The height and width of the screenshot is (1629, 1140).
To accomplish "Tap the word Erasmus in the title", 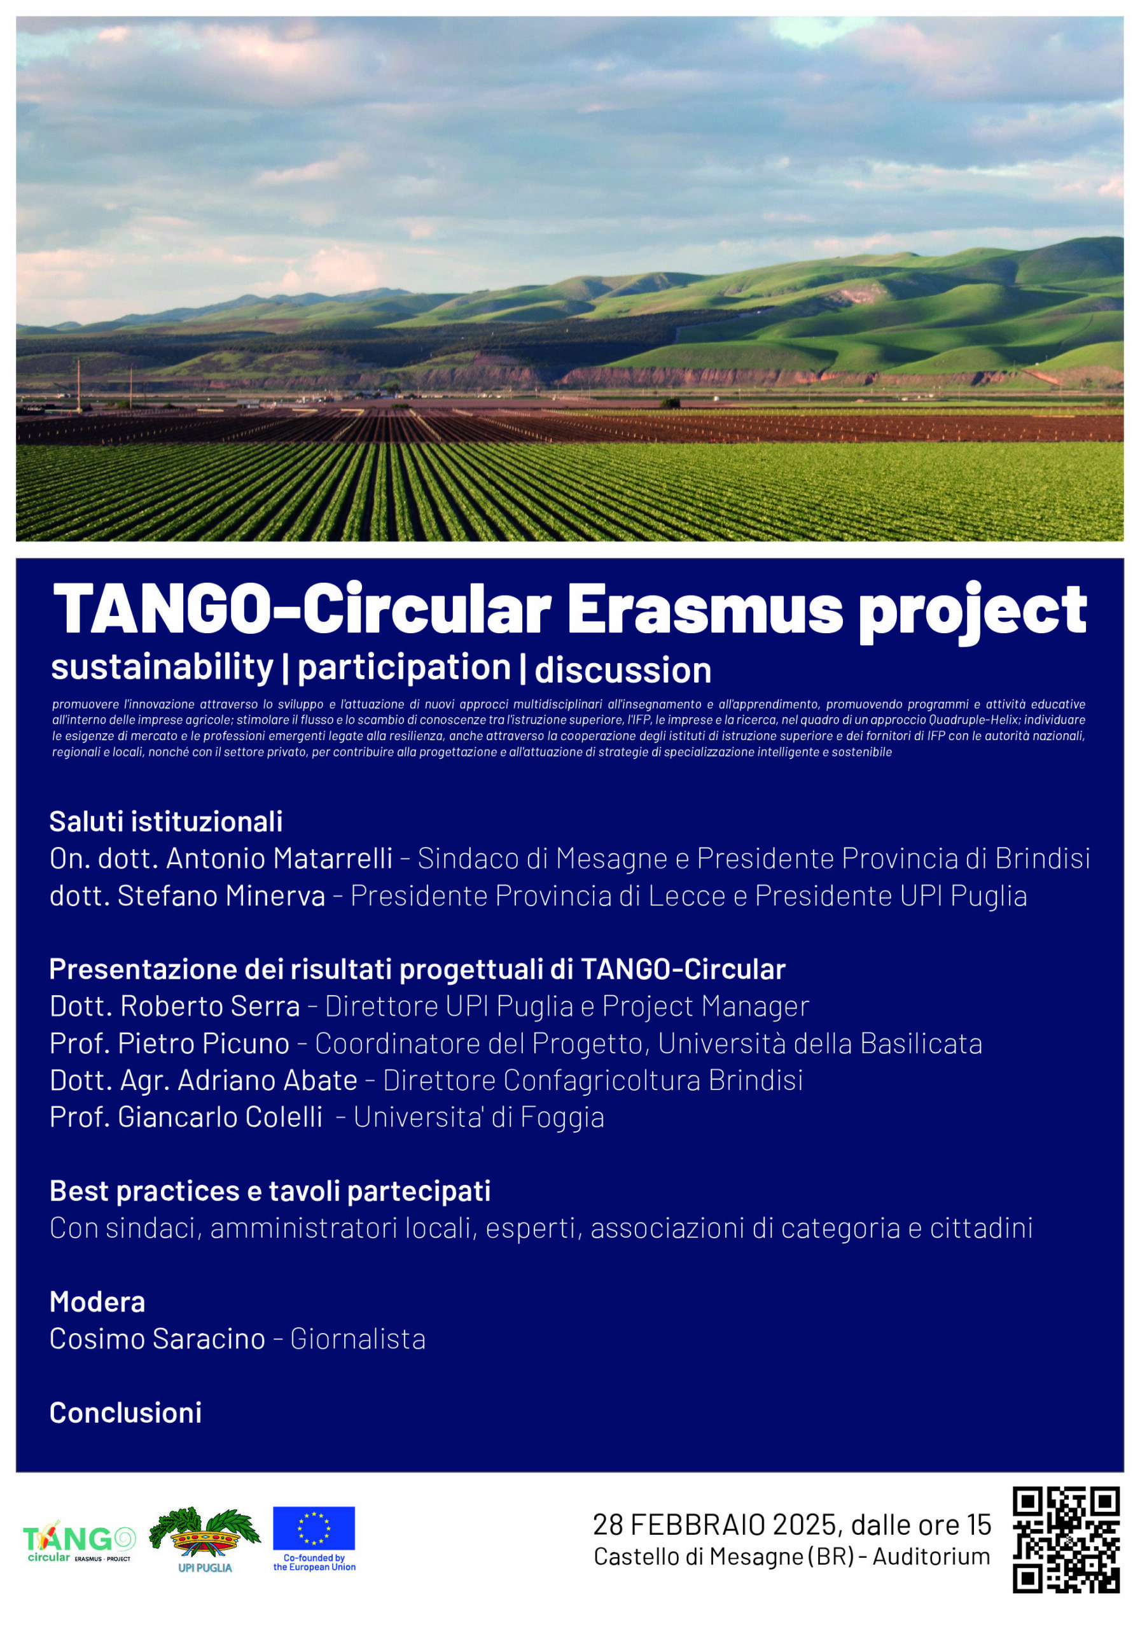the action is pos(705,610).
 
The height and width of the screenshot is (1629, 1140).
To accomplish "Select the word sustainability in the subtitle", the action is pos(162,668).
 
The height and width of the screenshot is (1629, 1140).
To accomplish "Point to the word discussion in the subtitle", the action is pos(623,670).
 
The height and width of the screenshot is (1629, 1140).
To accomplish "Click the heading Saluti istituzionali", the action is pos(166,821).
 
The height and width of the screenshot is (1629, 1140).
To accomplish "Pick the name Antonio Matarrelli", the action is pos(279,858).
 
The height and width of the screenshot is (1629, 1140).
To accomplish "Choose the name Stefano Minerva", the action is pos(221,895).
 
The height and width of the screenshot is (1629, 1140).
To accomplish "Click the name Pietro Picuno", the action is pos(204,1043).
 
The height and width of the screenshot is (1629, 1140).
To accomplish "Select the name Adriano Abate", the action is pos(267,1080).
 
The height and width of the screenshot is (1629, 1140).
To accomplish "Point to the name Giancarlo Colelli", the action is pos(220,1117).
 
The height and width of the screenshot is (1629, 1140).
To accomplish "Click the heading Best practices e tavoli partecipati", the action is pos(270,1191).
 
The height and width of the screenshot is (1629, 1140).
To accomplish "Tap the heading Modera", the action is pos(97,1302).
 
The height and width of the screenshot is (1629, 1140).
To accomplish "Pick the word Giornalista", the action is pos(358,1339).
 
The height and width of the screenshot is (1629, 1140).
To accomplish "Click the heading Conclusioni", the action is pos(125,1413).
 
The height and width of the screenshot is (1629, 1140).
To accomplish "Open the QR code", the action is pos(1066,1540).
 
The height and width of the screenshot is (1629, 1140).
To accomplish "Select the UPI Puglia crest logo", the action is pos(205,1538).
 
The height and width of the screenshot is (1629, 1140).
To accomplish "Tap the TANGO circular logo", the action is pos(79,1541).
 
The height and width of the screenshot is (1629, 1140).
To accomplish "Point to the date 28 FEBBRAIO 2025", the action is pos(716,1525).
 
